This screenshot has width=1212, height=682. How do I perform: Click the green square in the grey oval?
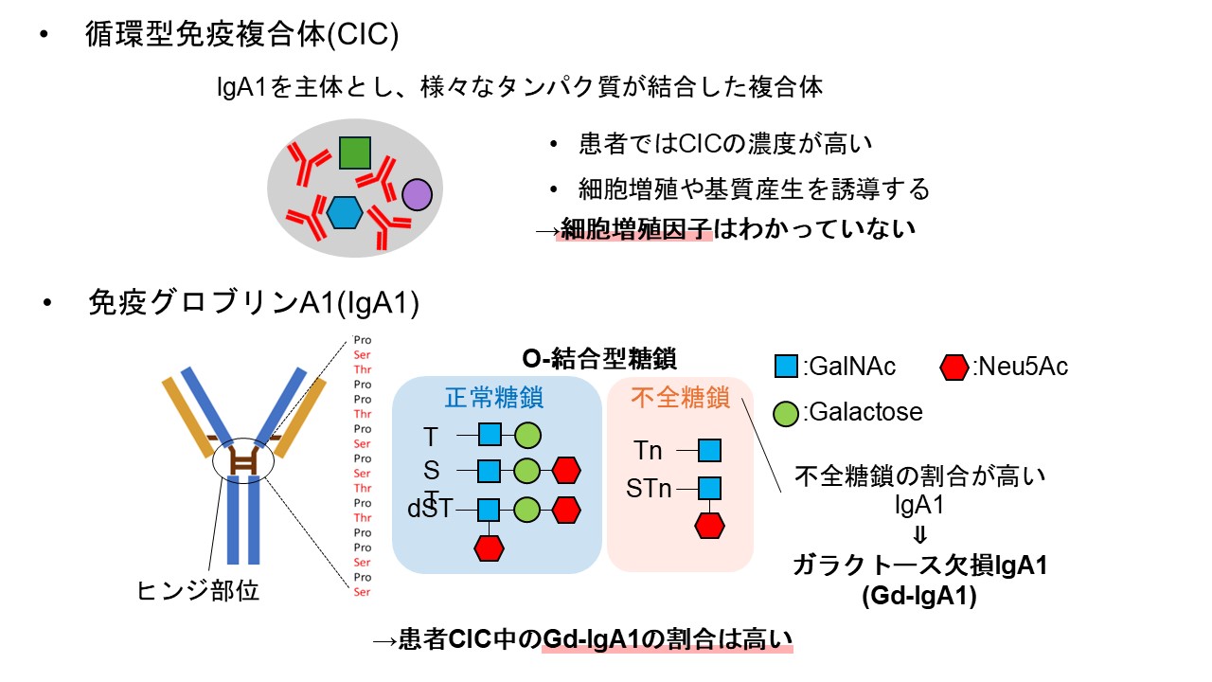[x=355, y=153]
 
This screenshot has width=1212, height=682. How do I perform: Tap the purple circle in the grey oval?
[x=418, y=195]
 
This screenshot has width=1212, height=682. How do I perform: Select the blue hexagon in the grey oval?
[x=345, y=212]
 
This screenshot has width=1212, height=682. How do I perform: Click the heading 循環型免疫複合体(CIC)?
[x=241, y=35]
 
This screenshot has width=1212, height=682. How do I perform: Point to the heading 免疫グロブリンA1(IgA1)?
[x=254, y=302]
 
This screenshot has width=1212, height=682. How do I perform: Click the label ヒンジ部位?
[x=198, y=590]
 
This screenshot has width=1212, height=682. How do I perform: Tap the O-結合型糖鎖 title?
[x=599, y=359]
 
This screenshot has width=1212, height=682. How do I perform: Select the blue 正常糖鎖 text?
[x=494, y=398]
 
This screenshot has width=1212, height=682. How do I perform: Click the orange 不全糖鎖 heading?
[x=680, y=398]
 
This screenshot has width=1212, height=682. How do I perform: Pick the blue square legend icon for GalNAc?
[x=786, y=367]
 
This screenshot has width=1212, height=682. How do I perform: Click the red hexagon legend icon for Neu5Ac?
[x=954, y=367]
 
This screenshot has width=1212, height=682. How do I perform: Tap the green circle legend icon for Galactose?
[x=786, y=414]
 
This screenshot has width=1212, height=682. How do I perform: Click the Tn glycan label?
[x=648, y=450]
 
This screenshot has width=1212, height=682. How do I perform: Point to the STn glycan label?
[x=649, y=489]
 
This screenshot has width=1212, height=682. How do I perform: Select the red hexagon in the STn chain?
[x=709, y=526]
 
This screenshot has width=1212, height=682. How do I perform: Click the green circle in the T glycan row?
[x=527, y=435]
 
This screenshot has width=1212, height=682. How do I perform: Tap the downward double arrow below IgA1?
[x=919, y=536]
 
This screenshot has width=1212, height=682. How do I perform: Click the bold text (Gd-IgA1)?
[x=919, y=596]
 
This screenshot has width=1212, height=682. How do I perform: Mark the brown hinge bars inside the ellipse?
[x=244, y=461]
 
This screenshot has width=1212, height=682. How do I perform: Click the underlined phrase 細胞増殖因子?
[x=635, y=229]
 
